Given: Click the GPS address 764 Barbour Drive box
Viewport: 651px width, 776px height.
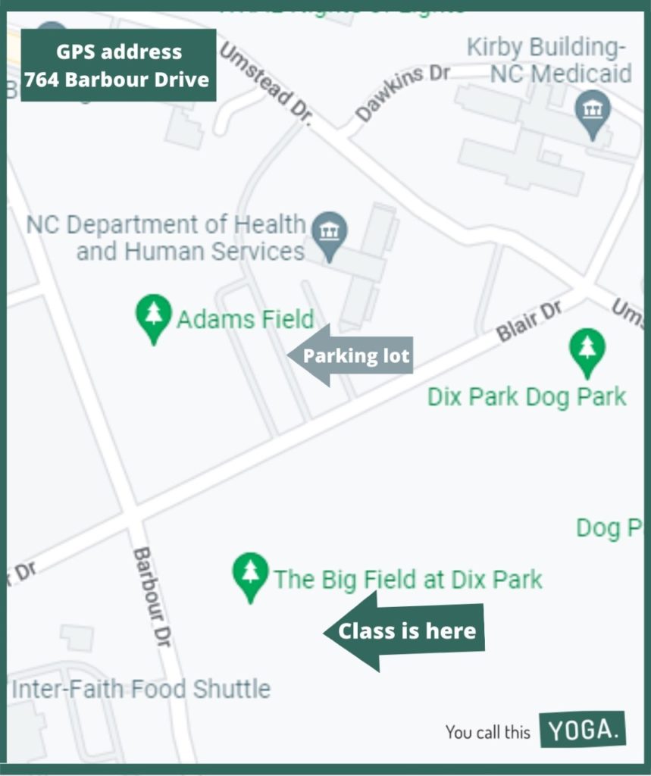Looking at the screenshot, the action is [118, 65].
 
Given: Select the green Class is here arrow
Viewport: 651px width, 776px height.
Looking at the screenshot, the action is [404, 630].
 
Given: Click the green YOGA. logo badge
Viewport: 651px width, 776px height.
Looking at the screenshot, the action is [583, 730].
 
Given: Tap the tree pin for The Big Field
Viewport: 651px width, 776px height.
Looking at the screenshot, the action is [250, 575].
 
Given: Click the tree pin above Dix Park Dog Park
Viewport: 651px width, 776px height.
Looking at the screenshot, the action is [587, 351].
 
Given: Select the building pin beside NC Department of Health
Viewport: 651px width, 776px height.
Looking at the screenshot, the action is [329, 234].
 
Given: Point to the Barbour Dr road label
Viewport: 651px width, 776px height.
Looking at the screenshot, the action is [152, 596].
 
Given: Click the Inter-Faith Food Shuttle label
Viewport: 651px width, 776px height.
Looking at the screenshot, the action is [141, 689].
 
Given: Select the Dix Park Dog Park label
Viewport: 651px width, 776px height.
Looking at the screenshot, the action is [527, 396].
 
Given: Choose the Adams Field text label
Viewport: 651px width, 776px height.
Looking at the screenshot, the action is [245, 319].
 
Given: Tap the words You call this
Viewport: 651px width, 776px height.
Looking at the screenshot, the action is [487, 732].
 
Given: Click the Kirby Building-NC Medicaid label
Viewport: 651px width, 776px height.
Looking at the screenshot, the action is [549, 61].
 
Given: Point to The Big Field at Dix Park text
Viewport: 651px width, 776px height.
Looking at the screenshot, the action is [408, 580].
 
